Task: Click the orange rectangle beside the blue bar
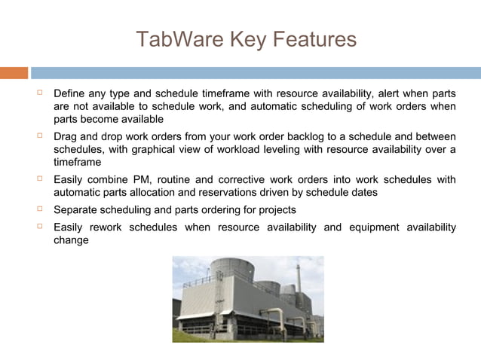coord(14,73)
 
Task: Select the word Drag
coord(66,136)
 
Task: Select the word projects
coord(274,209)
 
